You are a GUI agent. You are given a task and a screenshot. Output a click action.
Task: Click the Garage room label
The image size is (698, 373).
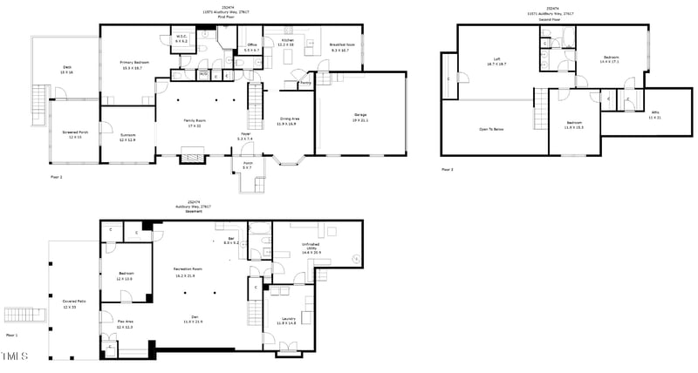point(359,115)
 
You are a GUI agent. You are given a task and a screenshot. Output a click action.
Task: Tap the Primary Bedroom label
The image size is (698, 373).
point(131,64)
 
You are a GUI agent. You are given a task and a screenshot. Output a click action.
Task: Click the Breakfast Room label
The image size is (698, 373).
point(339,45)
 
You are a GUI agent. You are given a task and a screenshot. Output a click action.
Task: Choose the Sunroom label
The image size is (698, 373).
point(104,135)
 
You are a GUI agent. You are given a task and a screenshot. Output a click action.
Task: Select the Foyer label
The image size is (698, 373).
point(245,135)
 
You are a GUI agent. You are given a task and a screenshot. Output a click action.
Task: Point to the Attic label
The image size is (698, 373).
point(654,113)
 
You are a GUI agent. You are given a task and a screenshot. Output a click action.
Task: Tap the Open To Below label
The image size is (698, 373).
point(494,129)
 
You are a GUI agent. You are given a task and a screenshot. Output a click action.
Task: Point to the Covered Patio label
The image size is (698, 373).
point(70,305)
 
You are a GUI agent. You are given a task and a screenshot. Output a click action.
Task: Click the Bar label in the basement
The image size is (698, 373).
point(231,239)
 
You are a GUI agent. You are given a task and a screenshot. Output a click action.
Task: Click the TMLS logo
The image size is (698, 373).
point(15,356)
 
